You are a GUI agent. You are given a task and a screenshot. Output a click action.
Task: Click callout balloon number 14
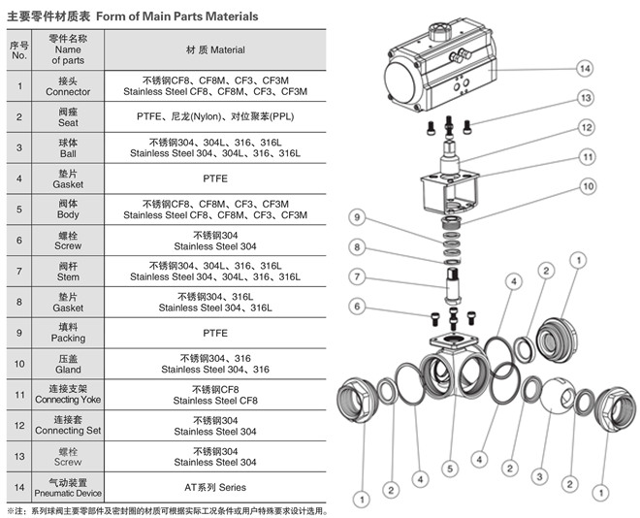[584, 69]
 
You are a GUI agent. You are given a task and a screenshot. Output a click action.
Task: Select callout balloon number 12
[586, 127]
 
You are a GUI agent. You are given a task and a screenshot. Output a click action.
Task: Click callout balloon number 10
[587, 185]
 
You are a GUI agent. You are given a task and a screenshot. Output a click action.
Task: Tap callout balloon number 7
[357, 277]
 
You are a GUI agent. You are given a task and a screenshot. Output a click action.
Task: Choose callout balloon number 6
[357, 307]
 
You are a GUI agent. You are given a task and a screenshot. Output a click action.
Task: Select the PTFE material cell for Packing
[215, 333]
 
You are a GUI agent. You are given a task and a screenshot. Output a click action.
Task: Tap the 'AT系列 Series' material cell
[215, 487]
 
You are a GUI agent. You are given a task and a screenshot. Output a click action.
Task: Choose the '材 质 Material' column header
[215, 49]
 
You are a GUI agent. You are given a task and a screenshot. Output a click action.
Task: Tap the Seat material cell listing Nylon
[215, 116]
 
